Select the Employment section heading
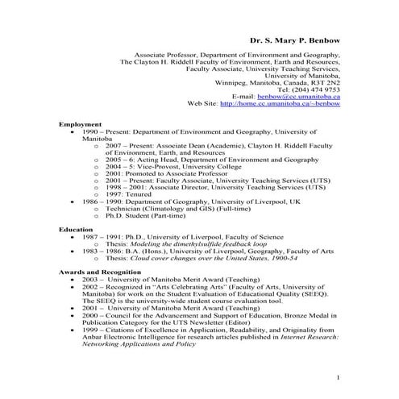click(x=80, y=125)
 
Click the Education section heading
click(x=77, y=230)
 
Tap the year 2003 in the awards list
click(x=88, y=279)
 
